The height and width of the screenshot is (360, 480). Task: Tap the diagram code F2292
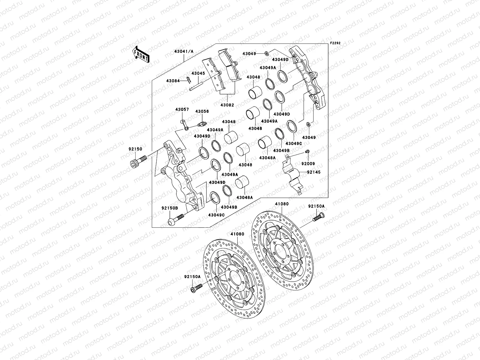click(335, 43)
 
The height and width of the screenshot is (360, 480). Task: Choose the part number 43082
click(227, 105)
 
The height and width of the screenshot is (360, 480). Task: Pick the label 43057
click(182, 109)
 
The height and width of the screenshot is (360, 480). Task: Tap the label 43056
click(202, 112)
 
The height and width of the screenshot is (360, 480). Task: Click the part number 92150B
click(170, 208)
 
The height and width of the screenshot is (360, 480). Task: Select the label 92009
click(308, 164)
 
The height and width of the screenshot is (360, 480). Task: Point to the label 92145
click(313, 172)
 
